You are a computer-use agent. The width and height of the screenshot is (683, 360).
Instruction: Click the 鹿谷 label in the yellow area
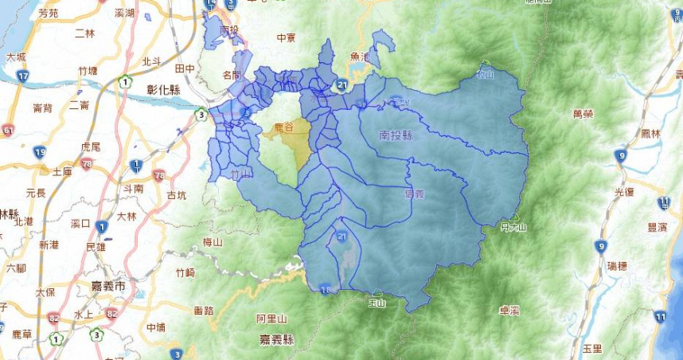click(283, 127)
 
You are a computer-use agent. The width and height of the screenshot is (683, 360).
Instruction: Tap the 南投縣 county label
click(396, 135)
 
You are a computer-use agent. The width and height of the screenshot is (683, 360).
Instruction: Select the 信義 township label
click(415, 194)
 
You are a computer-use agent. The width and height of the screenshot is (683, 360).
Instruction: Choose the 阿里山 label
click(271, 318)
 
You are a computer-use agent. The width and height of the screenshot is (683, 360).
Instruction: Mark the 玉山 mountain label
click(376, 303)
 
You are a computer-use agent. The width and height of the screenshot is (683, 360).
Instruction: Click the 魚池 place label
click(360, 57)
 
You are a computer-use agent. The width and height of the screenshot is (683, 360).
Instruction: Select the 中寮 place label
click(285, 37)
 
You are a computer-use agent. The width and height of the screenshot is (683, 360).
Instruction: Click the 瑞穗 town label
click(617, 264)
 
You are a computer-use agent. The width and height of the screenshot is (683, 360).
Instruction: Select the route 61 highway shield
click(8, 131)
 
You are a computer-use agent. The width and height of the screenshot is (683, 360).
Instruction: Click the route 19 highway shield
click(39, 151)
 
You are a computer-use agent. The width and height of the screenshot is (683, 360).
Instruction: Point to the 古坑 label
click(177, 194)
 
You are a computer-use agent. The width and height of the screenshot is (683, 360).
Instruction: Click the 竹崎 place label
click(185, 272)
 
